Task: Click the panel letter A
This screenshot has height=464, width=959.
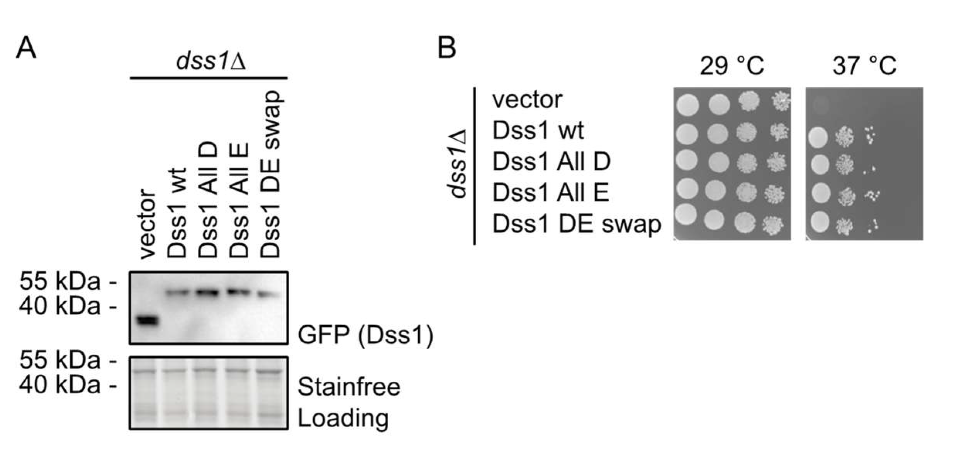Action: pyautogui.click(x=26, y=48)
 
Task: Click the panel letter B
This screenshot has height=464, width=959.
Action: pyautogui.click(x=446, y=48)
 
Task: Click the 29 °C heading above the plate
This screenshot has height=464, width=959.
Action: pyautogui.click(x=732, y=66)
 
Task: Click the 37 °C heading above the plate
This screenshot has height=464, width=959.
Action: pyautogui.click(x=864, y=66)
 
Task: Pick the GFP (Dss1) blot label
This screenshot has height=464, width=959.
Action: pyautogui.click(x=365, y=335)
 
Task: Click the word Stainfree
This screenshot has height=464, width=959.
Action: pyautogui.click(x=349, y=387)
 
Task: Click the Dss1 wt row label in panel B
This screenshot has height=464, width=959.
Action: pyautogui.click(x=538, y=131)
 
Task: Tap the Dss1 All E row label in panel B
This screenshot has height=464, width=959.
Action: pyautogui.click(x=551, y=192)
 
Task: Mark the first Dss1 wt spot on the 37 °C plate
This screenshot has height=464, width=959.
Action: pyautogui.click(x=818, y=138)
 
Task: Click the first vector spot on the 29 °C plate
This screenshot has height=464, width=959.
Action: pyautogui.click(x=687, y=105)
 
